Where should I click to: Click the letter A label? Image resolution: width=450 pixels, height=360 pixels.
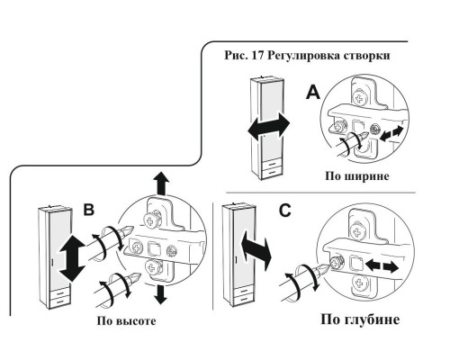pyautogui.click(x=313, y=92)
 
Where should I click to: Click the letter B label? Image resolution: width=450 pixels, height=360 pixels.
pyautogui.click(x=88, y=210)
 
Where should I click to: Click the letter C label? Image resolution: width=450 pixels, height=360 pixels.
pyautogui.click(x=284, y=211)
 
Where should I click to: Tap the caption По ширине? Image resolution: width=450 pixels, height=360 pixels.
pyautogui.click(x=357, y=175)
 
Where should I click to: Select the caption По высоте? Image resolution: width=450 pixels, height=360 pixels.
pyautogui.click(x=126, y=321)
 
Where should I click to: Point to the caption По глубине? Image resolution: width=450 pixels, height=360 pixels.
pyautogui.click(x=360, y=319)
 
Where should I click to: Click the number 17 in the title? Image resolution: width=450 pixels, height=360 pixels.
pyautogui.click(x=257, y=56)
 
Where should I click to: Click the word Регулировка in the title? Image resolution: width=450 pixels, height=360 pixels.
pyautogui.click(x=302, y=56)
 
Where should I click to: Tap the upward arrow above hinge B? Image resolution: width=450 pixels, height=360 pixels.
pyautogui.click(x=161, y=184)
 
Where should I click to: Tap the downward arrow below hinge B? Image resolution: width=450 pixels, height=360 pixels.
pyautogui.click(x=161, y=294)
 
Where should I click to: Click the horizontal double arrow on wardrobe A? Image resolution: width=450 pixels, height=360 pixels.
pyautogui.click(x=269, y=126)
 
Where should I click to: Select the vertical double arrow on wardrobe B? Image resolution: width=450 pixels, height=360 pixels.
pyautogui.click(x=72, y=258)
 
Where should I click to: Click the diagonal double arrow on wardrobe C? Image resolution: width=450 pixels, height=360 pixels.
pyautogui.click(x=256, y=250)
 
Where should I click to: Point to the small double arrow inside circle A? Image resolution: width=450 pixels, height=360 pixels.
pyautogui.click(x=391, y=134)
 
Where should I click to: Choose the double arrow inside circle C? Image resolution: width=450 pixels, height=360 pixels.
pyautogui.click(x=382, y=266)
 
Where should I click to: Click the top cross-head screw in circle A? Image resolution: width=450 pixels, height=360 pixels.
pyautogui.click(x=359, y=98)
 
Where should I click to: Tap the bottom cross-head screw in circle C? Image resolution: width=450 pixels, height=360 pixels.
pyautogui.click(x=358, y=283)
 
